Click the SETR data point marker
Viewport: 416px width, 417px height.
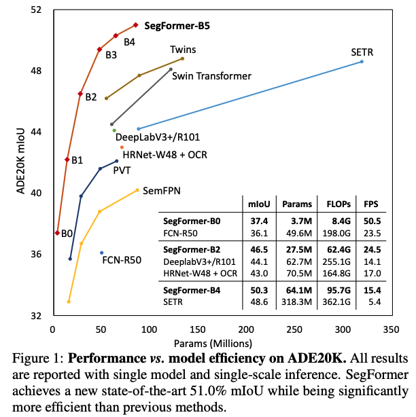point(362,62)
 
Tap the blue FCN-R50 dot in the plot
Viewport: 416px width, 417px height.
point(102,253)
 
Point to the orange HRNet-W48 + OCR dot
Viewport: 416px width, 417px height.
point(122,147)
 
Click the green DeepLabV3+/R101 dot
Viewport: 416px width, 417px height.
point(114,130)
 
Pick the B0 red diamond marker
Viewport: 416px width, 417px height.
point(57,233)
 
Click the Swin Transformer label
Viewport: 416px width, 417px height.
point(211,76)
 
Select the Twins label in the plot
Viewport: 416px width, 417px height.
point(184,50)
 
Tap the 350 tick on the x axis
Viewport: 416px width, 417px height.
point(390,330)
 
